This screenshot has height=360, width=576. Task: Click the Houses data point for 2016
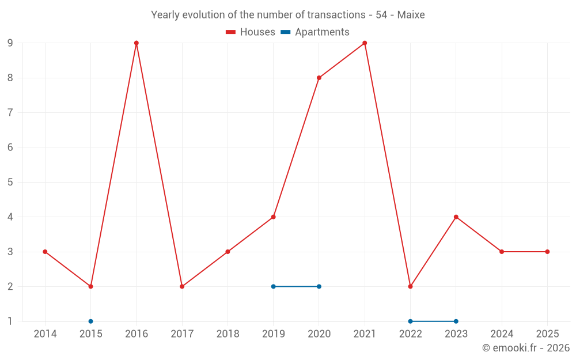point(137,43)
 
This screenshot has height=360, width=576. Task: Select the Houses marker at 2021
point(365,43)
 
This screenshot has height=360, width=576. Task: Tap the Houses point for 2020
point(319,78)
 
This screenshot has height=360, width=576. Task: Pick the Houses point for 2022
point(410,286)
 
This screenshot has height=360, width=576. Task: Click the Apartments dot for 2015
point(90,321)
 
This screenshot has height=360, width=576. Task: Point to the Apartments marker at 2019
point(274,286)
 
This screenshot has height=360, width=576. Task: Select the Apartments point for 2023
point(456,321)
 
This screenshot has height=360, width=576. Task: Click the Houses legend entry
point(251,32)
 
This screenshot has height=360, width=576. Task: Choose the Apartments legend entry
point(315,32)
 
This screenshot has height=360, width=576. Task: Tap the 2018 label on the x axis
point(228,334)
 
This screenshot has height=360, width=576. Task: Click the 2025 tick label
point(547,334)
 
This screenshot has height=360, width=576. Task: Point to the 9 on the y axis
point(10,43)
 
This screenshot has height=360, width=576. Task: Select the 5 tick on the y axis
point(10,182)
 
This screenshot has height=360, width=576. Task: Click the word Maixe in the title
point(411,15)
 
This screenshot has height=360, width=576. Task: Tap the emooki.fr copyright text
point(526,348)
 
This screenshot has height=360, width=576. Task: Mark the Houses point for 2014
point(45,252)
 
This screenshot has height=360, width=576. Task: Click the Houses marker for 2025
point(547,252)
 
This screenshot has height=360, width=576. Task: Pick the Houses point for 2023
point(456,217)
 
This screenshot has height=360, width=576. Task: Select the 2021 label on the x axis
point(365,334)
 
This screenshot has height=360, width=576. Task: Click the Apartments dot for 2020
point(319,286)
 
